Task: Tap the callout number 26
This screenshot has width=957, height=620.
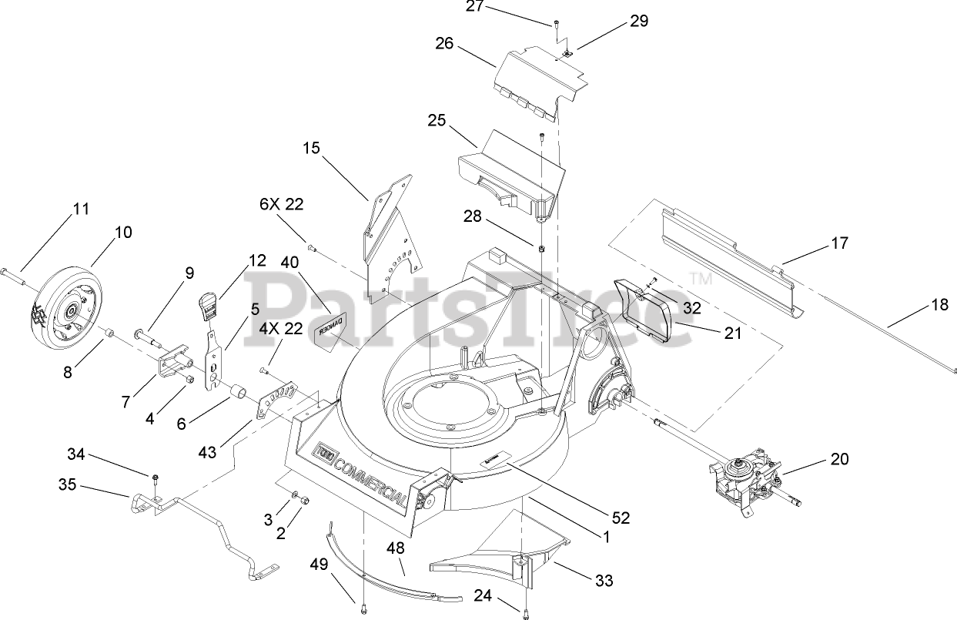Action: coord(445,43)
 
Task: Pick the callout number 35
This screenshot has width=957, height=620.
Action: coord(69,485)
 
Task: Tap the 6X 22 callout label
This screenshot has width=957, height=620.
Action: coord(281,204)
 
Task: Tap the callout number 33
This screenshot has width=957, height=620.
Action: coord(604,580)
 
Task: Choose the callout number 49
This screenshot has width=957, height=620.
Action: coord(318,563)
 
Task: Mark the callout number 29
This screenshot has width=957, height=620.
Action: coord(639,22)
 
